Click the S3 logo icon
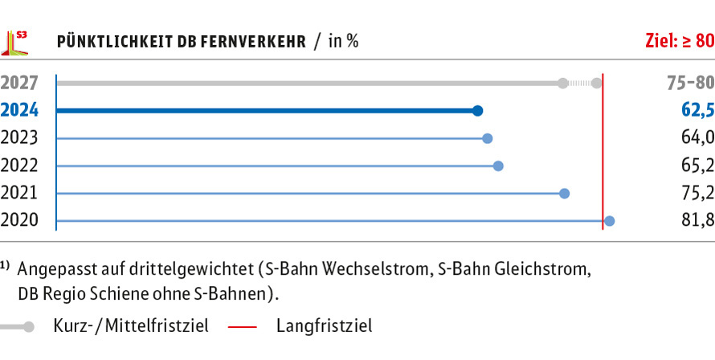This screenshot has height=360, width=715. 15,43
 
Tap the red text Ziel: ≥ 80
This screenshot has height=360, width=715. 680,42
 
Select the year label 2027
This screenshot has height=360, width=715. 18,84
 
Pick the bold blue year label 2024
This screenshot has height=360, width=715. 18,111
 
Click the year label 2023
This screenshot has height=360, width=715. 18,138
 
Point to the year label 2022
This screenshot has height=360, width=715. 18,166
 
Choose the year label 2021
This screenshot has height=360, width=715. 18,194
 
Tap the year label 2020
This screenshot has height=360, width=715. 18,221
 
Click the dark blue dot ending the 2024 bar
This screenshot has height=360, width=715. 477,111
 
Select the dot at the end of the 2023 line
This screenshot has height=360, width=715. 488,138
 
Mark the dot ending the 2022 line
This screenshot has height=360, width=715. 498,166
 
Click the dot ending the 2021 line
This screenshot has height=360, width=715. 565,194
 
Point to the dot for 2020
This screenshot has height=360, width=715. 610,221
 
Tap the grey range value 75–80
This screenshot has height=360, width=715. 690,84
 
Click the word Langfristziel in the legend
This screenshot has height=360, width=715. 325,326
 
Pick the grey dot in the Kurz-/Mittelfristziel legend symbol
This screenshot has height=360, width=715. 29,327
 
